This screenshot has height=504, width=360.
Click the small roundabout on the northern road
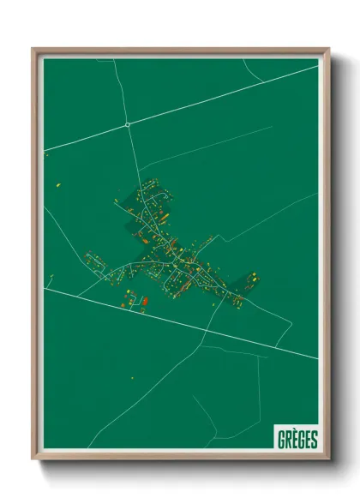pos(128,124)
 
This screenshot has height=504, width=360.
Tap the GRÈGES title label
pos(297,439)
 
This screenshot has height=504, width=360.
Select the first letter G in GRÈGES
pos(282,439)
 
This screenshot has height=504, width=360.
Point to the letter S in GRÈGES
pos(314,439)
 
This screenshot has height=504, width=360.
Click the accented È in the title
pos(295,439)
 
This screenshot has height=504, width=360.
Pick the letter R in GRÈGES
pos(289,439)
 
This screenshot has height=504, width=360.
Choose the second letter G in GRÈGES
pos(302,439)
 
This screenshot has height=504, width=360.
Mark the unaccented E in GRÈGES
pos(308,439)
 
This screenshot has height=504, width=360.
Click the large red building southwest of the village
pos(144,301)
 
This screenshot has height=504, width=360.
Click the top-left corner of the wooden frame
pos(34,50)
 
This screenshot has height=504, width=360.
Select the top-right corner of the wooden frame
pos(327,50)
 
